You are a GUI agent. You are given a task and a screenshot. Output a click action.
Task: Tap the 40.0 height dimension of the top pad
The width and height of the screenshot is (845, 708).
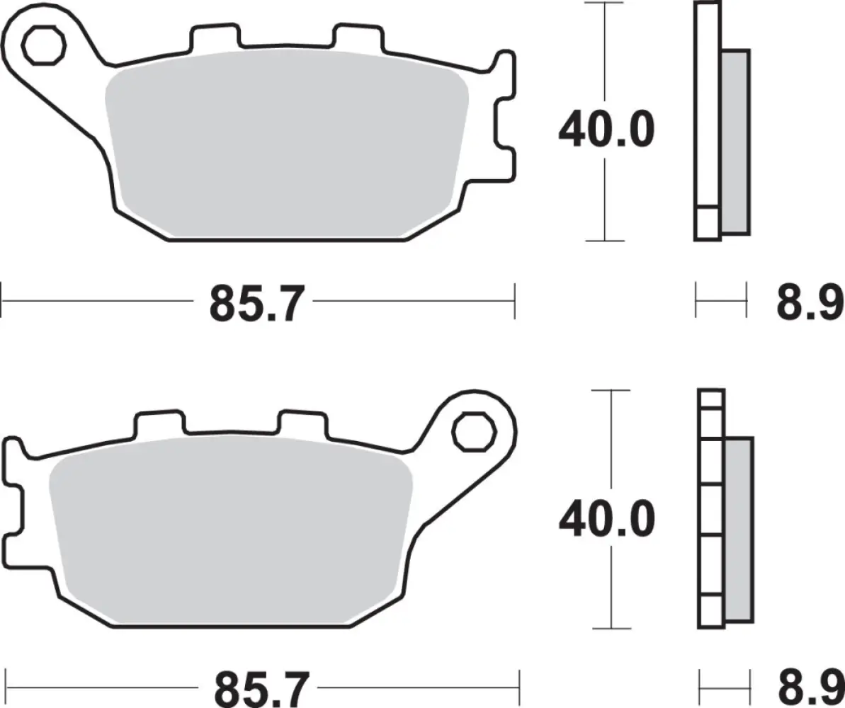click(x=606, y=130)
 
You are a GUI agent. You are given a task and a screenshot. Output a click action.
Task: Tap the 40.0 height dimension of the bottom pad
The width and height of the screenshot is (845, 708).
click(x=606, y=520)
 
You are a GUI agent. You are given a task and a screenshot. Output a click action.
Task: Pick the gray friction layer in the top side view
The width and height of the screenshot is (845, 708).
click(x=735, y=142)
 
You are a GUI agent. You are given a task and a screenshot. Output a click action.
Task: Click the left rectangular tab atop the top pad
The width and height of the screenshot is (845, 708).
click(x=212, y=39)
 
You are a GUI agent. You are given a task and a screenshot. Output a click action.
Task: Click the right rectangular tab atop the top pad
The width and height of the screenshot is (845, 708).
click(x=358, y=39)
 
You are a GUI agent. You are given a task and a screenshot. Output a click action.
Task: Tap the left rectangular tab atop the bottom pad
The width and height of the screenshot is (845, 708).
click(x=159, y=423)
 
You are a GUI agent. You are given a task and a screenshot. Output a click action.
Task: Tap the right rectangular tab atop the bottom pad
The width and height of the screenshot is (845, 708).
click(x=303, y=423)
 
